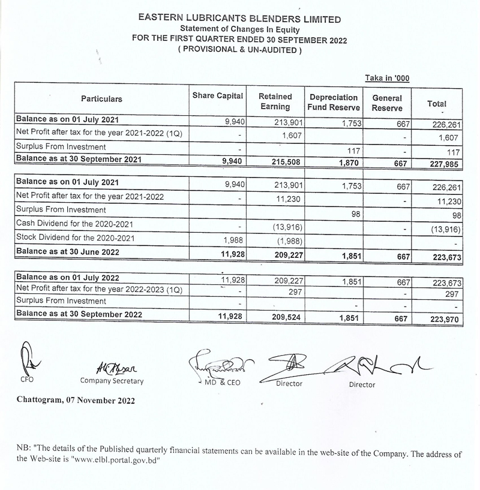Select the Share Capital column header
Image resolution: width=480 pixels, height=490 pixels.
click(x=217, y=96)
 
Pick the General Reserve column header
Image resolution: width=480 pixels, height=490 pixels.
click(x=387, y=103)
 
